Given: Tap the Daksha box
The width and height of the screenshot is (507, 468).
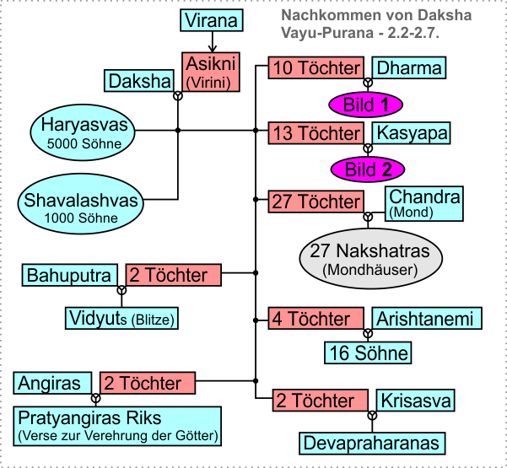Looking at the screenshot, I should [x=139, y=82].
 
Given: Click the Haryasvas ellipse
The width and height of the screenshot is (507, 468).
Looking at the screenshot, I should [x=84, y=133].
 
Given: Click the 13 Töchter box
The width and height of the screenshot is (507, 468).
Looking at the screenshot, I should [x=316, y=132].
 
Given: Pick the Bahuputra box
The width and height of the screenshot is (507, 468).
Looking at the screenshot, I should [x=69, y=275].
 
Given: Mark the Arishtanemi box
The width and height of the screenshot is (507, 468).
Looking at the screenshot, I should [x=428, y=318].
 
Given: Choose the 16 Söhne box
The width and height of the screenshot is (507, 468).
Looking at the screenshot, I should [x=369, y=352].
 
